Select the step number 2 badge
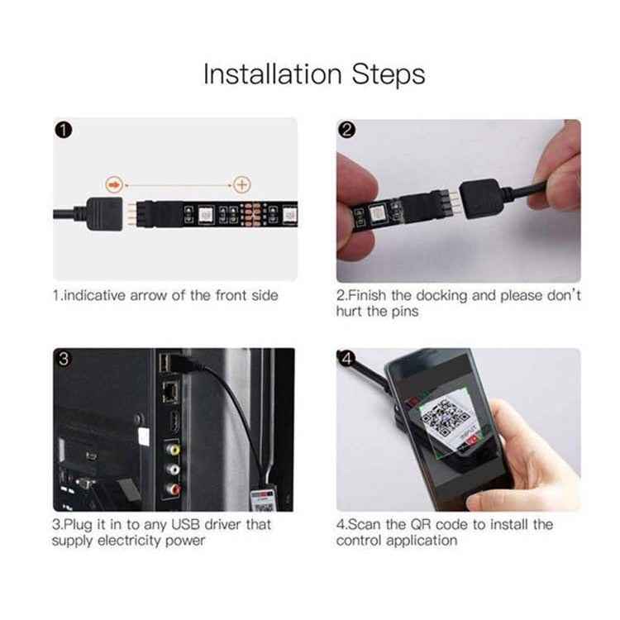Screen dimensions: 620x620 (x=348, y=131)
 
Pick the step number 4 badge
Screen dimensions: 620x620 (x=348, y=360)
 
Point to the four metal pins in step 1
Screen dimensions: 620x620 (x=131, y=212)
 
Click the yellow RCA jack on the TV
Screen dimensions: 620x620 (x=173, y=451)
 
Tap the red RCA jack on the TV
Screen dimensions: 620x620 (x=173, y=489)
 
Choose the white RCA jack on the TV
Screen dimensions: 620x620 (x=173, y=470)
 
